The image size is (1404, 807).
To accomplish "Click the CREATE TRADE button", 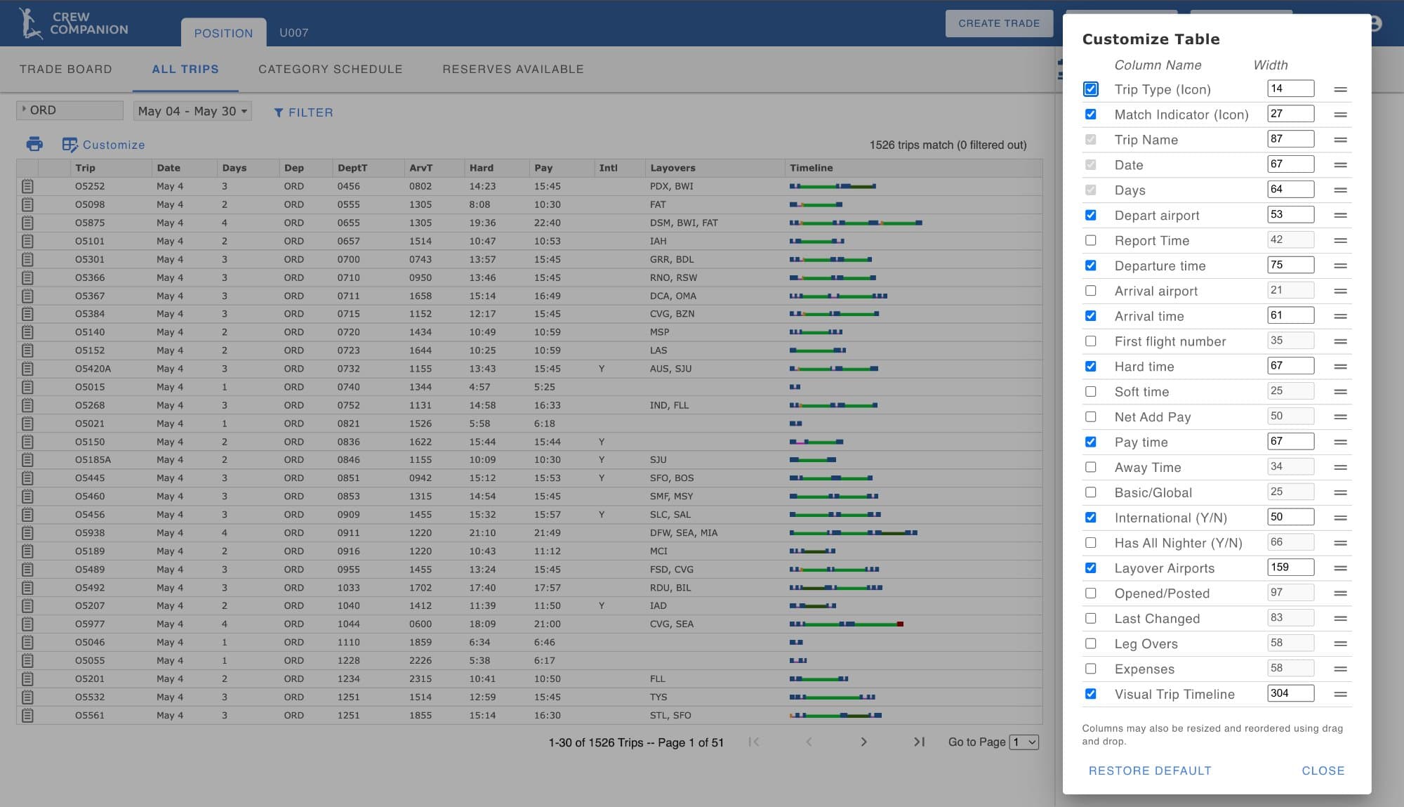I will (998, 23).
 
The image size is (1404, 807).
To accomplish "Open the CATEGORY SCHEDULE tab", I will (330, 69).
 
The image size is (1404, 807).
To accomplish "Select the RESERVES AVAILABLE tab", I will (512, 69).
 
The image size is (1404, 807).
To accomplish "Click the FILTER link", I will (303, 112).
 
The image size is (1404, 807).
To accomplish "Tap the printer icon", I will (34, 145).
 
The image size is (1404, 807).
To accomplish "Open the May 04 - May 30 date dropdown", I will (192, 111).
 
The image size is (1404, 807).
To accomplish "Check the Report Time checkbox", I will (1090, 240).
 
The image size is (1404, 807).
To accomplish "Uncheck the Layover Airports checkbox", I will (1090, 567).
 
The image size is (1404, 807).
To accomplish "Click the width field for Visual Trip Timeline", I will (1290, 693).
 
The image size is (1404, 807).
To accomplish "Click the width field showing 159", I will (1290, 567).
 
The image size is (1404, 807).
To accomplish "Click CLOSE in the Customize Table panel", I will (1323, 770).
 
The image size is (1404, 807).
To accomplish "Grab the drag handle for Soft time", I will (1340, 392).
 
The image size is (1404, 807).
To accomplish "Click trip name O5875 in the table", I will (90, 223).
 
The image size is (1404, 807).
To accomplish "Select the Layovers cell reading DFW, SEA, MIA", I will (683, 533).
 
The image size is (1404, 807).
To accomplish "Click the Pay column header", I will (543, 168).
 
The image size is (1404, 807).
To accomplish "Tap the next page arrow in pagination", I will (863, 742).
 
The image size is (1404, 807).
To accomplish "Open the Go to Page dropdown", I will (1024, 742).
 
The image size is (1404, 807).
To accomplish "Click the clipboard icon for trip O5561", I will (27, 716).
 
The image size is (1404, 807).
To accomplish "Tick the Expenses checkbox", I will (1090, 669).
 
